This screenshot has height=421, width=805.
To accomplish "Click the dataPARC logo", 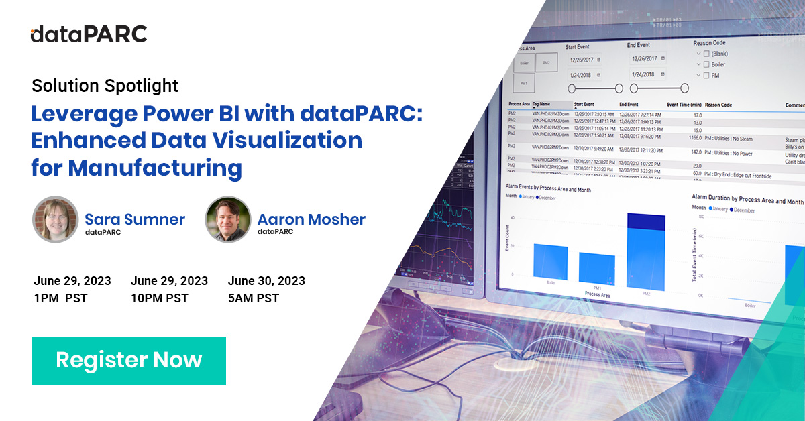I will coord(89,34).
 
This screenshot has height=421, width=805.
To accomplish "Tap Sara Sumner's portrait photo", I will coord(56,219).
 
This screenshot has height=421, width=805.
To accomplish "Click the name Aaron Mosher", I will coord(311,219).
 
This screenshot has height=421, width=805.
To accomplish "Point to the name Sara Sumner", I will coord(134,219).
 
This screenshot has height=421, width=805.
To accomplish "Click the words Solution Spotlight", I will coord(105,86).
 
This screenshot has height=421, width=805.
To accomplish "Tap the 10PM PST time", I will coord(160,298).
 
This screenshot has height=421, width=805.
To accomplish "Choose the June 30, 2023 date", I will coord(266,281).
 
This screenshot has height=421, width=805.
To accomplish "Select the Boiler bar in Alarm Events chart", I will coord(551,261).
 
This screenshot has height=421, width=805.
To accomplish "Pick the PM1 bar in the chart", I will coord(596,266).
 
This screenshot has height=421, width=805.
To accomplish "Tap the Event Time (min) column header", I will coord(684,105).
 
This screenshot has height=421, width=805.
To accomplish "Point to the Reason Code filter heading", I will coord(710,43).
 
